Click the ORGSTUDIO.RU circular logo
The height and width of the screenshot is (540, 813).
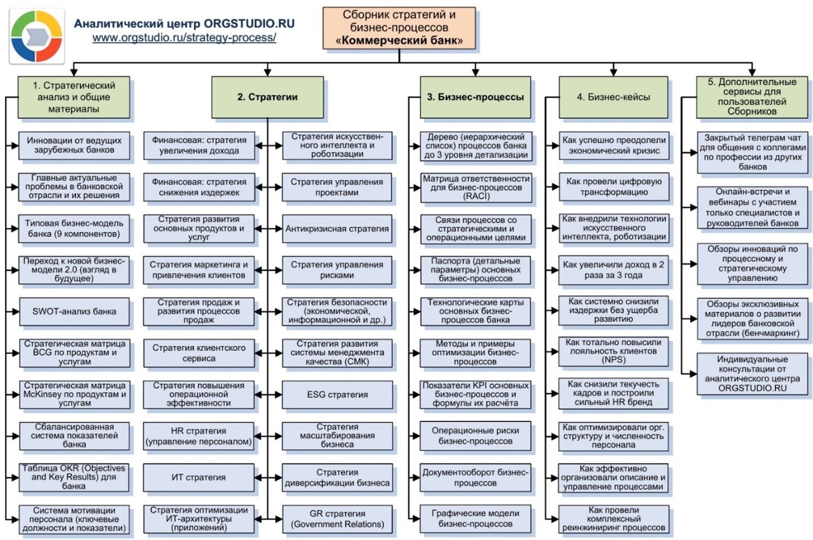[36, 35]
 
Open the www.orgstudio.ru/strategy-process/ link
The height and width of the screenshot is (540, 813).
[184, 38]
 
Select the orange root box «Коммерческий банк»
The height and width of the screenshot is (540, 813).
[399, 28]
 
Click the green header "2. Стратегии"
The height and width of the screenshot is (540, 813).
[268, 97]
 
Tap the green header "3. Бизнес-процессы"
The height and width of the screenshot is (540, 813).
[475, 97]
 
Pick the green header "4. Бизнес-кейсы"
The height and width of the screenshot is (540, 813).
[613, 97]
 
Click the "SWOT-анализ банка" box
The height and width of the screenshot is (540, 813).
[74, 311]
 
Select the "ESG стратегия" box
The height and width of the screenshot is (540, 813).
[337, 395]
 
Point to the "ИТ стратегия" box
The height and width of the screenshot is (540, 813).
[198, 477]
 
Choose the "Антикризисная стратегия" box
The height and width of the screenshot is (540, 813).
[337, 229]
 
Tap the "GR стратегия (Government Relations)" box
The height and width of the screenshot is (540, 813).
[337, 519]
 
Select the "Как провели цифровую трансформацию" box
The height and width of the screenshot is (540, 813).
[614, 187]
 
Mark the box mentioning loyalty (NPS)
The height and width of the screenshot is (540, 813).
[614, 351]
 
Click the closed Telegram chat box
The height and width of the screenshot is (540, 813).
[752, 152]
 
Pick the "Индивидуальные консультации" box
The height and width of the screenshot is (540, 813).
[752, 373]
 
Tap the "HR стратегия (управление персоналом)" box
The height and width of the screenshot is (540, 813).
[198, 436]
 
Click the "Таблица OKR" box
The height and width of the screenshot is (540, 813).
[74, 477]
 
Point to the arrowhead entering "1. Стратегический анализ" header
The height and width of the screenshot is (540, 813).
[74, 72]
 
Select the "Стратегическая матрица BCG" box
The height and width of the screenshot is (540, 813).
[74, 353]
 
